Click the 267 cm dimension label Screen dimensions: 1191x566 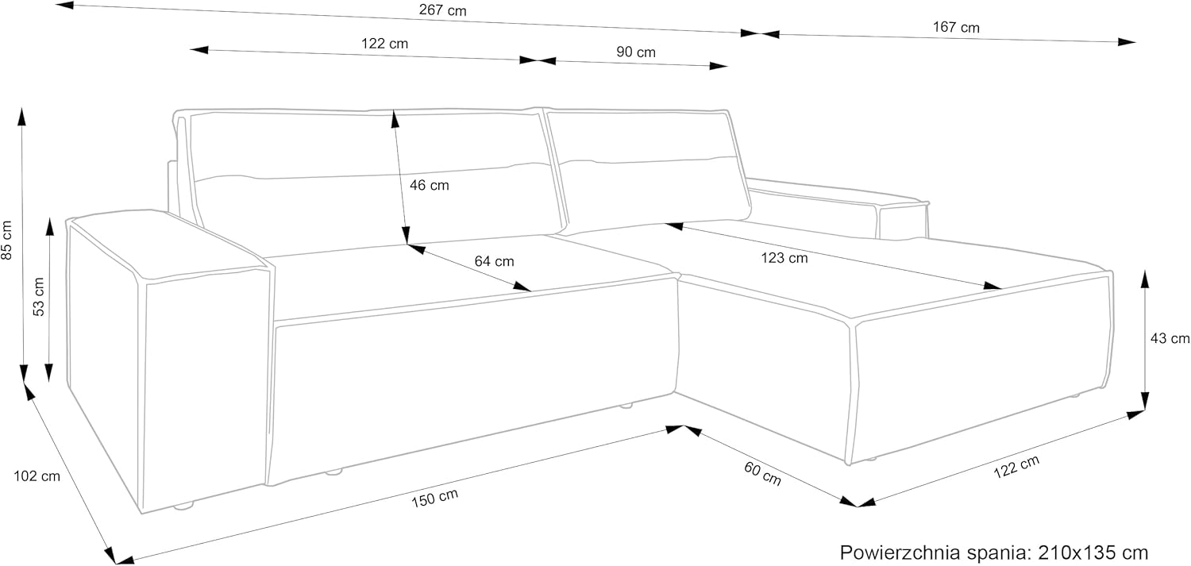point(442,10)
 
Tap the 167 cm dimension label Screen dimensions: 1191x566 point(956,27)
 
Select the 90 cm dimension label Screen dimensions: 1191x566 point(636,52)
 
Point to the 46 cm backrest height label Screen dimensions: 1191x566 point(429,185)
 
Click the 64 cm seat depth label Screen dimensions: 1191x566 point(494,261)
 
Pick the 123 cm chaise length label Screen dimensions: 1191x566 point(784,258)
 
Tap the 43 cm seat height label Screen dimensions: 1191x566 point(1170,338)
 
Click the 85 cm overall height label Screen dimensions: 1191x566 point(7,241)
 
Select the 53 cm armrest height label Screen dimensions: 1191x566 point(39,297)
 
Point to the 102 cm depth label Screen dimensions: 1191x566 point(37,476)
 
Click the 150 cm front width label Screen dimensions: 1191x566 point(434,498)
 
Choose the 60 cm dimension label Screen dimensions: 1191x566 point(762,474)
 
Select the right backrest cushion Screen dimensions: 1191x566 point(648,170)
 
